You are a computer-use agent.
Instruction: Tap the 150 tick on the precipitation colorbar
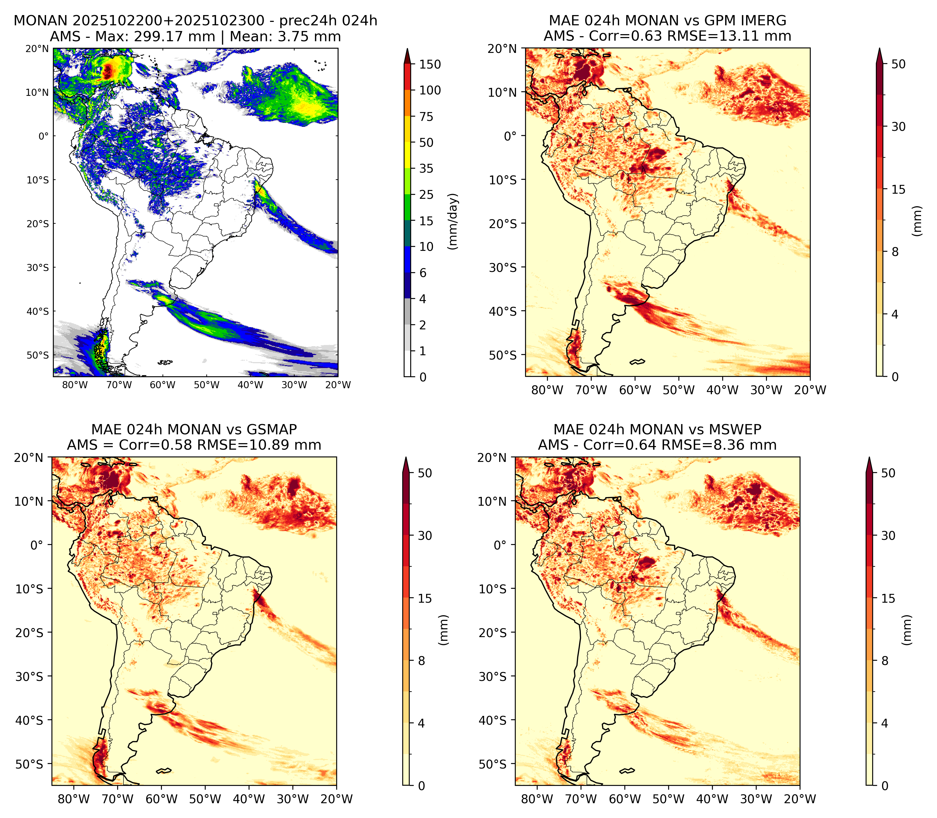(x=430, y=64)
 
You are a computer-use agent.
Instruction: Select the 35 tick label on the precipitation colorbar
(x=426, y=168)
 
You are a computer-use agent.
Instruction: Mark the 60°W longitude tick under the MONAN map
(x=162, y=385)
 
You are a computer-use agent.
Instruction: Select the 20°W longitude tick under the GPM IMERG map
(x=810, y=390)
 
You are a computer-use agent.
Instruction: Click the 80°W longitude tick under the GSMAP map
(x=74, y=799)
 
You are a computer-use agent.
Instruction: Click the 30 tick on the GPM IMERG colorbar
(x=898, y=127)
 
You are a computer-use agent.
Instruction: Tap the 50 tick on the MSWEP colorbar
(x=888, y=473)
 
